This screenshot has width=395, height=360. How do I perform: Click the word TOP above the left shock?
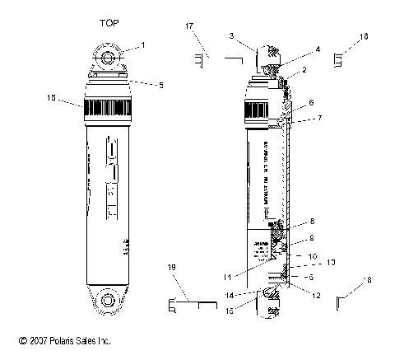click(x=107, y=24)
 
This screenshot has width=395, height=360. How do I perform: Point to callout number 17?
click(x=189, y=26)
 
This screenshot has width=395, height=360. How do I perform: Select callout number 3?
click(x=232, y=35)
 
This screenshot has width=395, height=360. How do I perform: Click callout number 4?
click(x=295, y=49)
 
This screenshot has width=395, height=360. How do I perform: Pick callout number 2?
click(x=304, y=71)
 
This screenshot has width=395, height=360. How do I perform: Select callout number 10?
click(x=312, y=257)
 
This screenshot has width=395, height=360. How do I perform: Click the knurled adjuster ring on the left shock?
click(x=107, y=106)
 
